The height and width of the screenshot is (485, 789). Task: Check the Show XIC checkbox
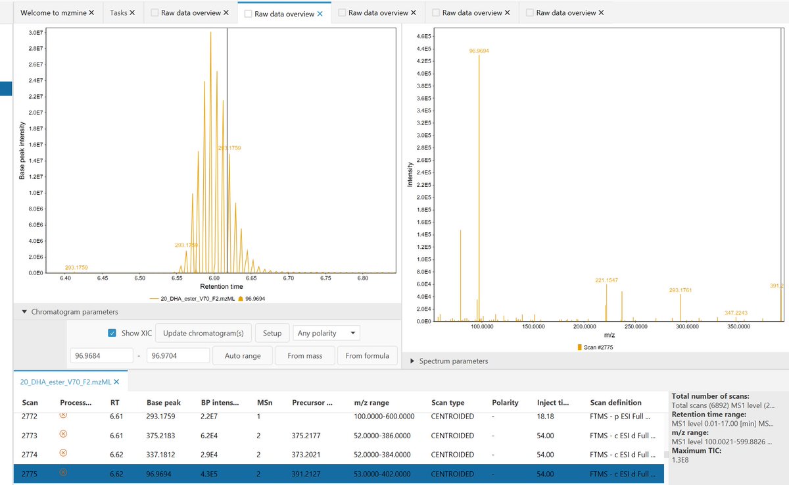coord(112,333)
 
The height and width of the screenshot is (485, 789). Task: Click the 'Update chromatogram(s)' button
coord(203,333)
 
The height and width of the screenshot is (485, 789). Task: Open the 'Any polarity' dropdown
coord(326,333)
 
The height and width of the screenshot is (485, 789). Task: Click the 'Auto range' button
coord(242,355)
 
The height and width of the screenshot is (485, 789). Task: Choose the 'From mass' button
coord(304,355)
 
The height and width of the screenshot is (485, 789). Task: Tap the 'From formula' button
coord(367,355)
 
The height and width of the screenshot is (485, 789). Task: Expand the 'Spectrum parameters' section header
coord(453,361)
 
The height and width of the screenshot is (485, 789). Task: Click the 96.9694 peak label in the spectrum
coord(479,51)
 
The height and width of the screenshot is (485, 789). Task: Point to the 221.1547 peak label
coord(606,280)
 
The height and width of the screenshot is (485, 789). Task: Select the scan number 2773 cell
coord(30,436)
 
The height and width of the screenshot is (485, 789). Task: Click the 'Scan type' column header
coord(448,402)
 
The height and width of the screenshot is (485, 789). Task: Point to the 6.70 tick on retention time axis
coord(288,278)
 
